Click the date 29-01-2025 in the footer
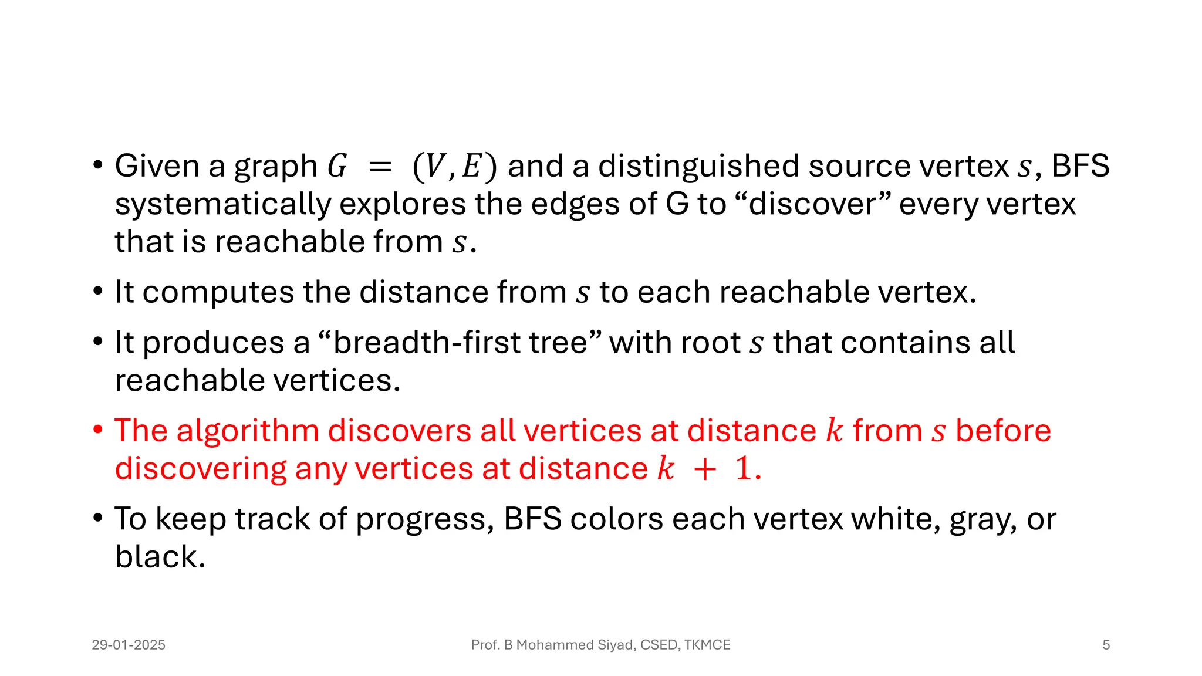click(x=129, y=645)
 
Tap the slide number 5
click(x=1106, y=645)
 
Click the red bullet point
click(x=98, y=430)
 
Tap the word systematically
click(x=223, y=205)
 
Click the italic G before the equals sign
click(x=337, y=166)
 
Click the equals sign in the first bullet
click(x=380, y=167)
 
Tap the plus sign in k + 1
click(x=704, y=469)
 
